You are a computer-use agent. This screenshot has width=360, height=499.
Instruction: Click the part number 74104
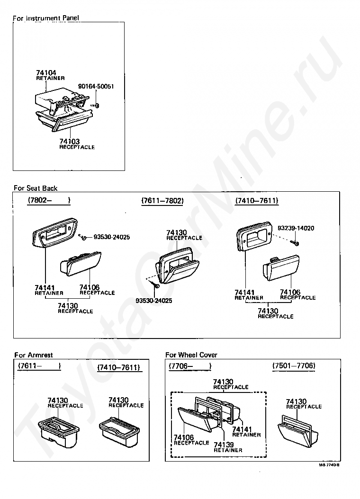46,73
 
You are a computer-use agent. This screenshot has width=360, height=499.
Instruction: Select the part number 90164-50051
96,87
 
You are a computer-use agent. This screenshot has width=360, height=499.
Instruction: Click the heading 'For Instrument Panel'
45,18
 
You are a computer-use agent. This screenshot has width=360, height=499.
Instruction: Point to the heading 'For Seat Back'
36,188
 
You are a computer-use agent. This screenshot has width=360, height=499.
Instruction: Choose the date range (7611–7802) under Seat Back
162,201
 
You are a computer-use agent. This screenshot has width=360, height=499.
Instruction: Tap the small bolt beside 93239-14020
296,243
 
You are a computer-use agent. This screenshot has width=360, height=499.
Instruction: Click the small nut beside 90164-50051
96,105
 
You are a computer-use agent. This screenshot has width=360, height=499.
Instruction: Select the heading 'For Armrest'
33,355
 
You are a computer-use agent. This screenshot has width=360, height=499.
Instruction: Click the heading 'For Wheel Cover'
191,355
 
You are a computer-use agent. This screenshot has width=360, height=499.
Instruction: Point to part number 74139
224,445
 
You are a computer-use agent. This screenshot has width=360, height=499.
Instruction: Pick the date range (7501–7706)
294,366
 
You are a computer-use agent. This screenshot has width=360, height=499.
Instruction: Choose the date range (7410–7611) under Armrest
118,367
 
